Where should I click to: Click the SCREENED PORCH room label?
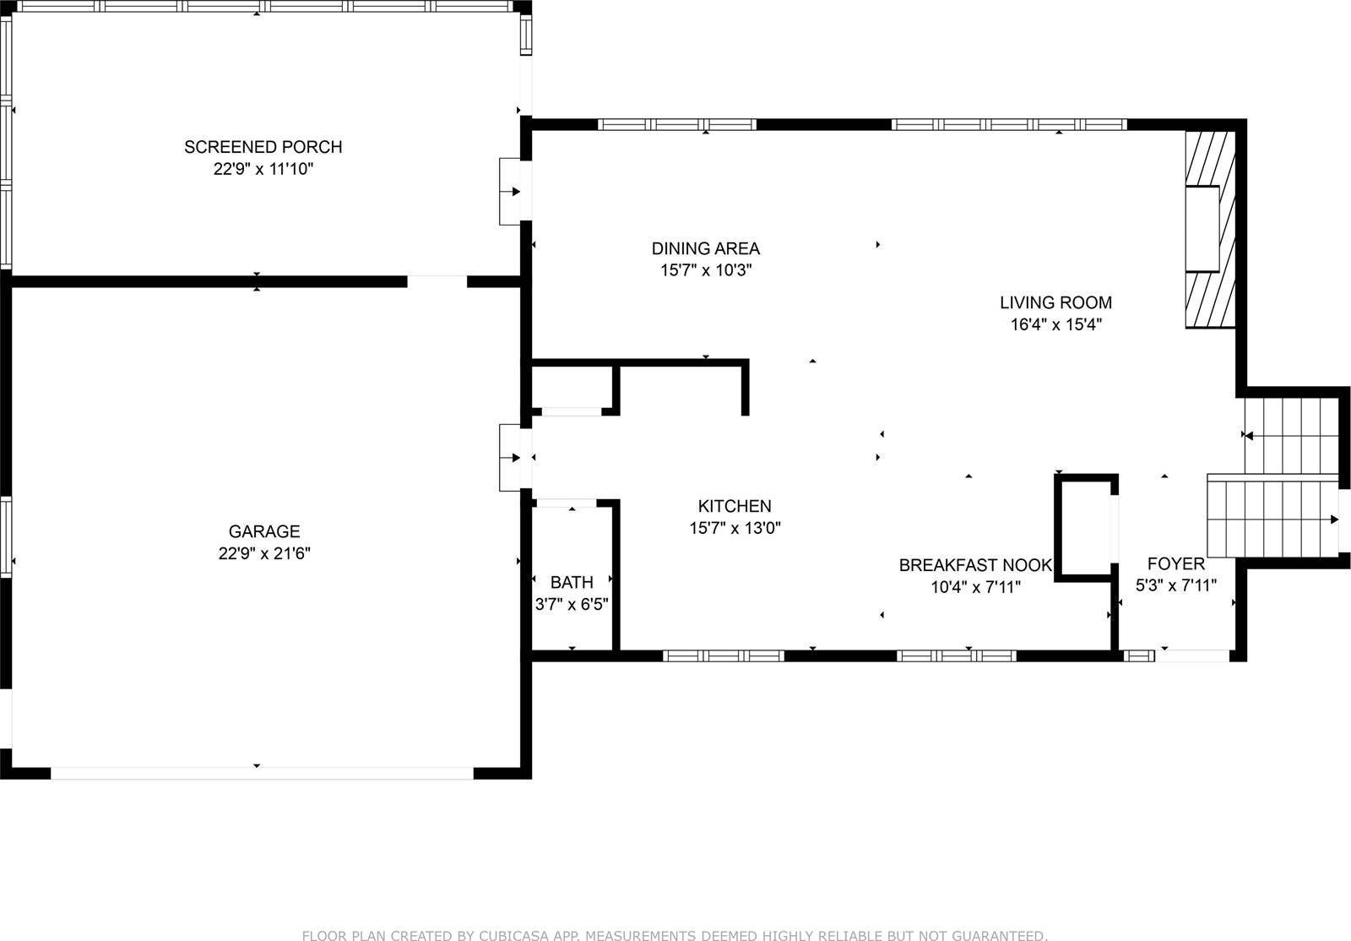click(x=263, y=147)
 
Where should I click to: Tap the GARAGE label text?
click(x=264, y=531)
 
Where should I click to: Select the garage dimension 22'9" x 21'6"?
click(x=264, y=553)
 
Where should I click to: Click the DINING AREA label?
click(x=705, y=248)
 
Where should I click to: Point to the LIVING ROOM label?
click(x=1055, y=302)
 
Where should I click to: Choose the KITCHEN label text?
click(x=734, y=506)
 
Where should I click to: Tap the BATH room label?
click(x=572, y=582)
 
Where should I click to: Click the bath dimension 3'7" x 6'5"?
click(x=572, y=604)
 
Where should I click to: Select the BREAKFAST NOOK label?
click(x=975, y=565)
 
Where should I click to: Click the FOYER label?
click(x=1175, y=563)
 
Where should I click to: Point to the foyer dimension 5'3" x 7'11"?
click(x=1175, y=585)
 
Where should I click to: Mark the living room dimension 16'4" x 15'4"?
click(x=1055, y=324)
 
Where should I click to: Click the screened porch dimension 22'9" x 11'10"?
click(x=263, y=169)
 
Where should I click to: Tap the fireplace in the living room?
click(x=1209, y=228)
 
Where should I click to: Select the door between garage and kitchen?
click(x=513, y=457)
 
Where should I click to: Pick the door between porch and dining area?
click(x=513, y=192)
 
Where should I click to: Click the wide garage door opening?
click(x=262, y=773)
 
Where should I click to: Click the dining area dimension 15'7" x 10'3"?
click(x=705, y=270)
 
